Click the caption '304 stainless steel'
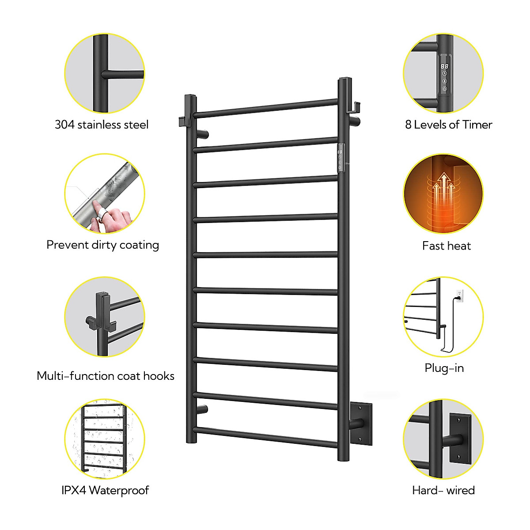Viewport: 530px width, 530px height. click(x=102, y=125)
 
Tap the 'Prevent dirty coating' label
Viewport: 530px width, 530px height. click(x=102, y=245)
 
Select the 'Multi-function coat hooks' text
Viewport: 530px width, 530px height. click(x=106, y=376)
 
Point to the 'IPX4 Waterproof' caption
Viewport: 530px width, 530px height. click(x=105, y=490)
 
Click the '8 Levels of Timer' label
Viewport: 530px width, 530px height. click(x=448, y=125)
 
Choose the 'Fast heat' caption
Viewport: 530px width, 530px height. click(x=447, y=246)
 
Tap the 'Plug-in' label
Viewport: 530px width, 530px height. click(x=444, y=368)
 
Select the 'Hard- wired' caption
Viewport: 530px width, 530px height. click(x=443, y=490)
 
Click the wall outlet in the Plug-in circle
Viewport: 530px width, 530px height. click(x=460, y=295)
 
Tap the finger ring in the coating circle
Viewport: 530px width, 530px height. click(x=102, y=216)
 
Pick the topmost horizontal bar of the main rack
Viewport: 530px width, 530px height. click(x=265, y=108)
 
